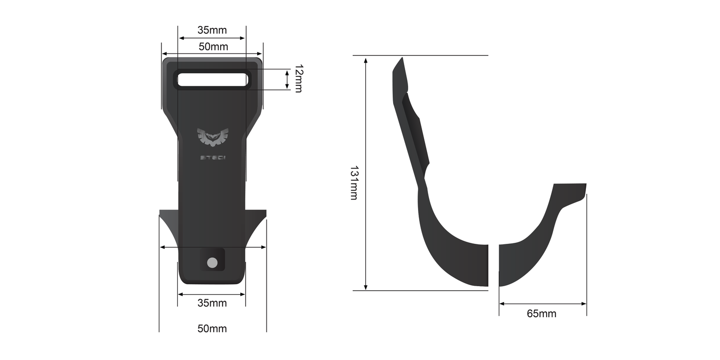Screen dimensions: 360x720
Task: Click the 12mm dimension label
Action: click(x=298, y=79)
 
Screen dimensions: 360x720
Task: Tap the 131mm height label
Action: click(x=353, y=183)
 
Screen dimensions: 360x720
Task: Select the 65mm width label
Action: click(x=542, y=314)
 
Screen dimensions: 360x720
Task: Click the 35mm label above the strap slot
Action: click(x=212, y=30)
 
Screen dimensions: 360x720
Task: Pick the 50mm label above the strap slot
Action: click(x=213, y=47)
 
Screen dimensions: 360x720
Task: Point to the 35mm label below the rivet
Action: click(x=212, y=303)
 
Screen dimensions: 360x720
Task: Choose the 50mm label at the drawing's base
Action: click(x=212, y=329)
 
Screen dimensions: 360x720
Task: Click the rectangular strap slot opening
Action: click(x=212, y=80)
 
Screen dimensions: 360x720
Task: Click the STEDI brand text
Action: click(x=212, y=158)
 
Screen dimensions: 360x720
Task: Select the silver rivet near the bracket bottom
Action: click(x=212, y=262)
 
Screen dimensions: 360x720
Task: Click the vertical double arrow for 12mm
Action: click(x=287, y=80)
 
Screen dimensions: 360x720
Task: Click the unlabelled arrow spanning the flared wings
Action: click(x=212, y=247)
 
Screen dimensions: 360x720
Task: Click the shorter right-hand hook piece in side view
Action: click(x=538, y=239)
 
